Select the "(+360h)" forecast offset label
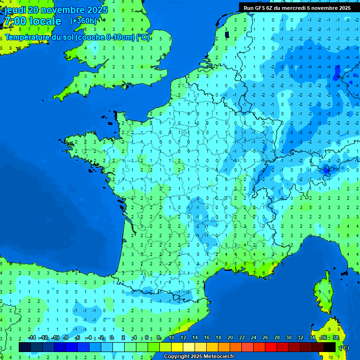[83, 21]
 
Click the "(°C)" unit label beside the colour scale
[344, 348]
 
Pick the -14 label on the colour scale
[32, 337]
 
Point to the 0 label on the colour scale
[112, 337]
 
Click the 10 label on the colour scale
[172, 337]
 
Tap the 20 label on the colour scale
[230, 337]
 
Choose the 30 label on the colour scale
[289, 337]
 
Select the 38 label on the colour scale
[335, 337]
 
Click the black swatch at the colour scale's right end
[330, 347]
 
